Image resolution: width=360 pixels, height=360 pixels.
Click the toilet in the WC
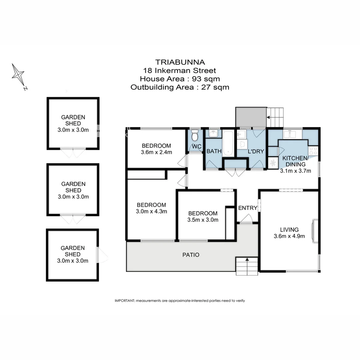point(195,136)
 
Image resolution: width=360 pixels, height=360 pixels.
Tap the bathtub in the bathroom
point(229,144)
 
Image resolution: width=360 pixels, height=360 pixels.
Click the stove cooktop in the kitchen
point(313,150)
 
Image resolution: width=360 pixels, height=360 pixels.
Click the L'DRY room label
point(256,151)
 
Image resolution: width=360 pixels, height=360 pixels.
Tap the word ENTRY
point(248,208)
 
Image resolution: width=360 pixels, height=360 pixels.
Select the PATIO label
point(191,255)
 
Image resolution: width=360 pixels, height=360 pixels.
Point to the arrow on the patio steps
point(247,259)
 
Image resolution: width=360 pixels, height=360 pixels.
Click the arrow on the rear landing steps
point(268,117)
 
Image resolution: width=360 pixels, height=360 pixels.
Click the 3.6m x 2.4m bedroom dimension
point(156,153)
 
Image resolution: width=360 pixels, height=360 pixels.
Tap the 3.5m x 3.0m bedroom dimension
point(203,220)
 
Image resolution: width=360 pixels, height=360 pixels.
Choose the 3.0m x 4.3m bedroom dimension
point(151,211)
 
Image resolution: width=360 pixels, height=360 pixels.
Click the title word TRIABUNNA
point(180,62)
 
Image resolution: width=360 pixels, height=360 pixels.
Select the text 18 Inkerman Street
point(180,70)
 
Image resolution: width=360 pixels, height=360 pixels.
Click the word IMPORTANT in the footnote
point(124,301)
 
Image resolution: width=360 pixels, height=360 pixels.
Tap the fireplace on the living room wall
point(314,230)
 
